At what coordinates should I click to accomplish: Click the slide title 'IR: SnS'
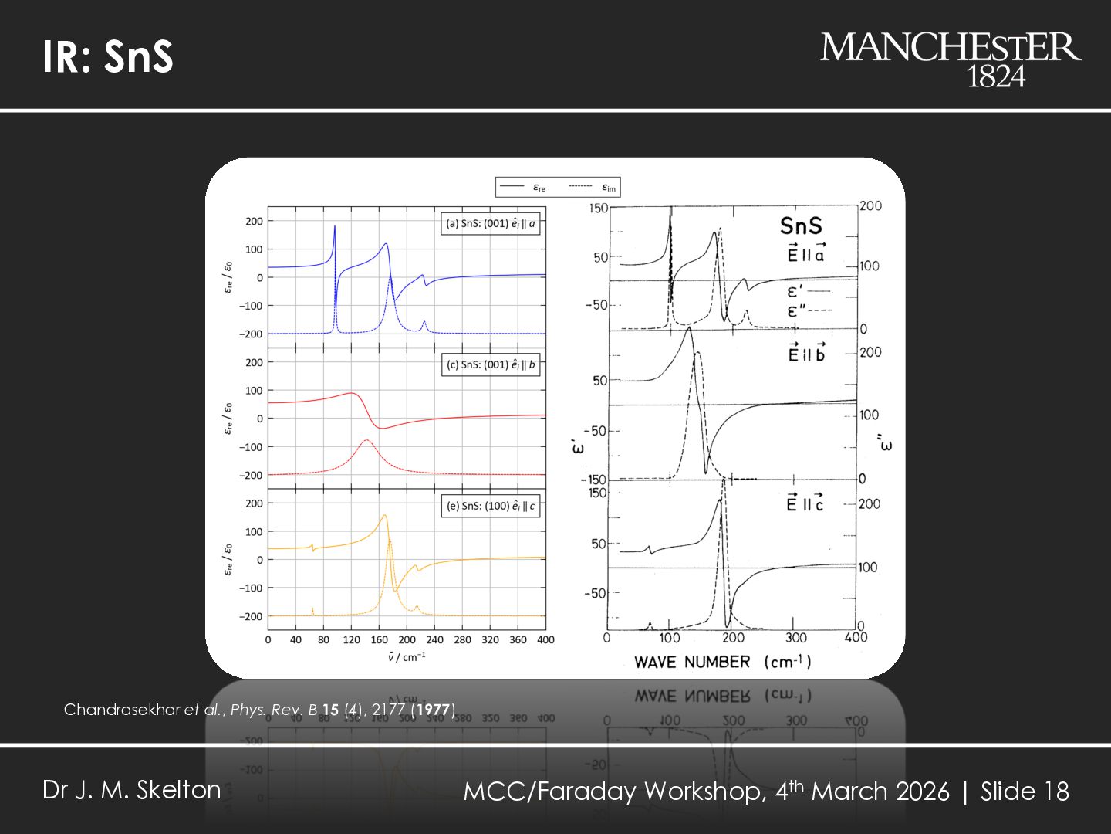pyautogui.click(x=108, y=56)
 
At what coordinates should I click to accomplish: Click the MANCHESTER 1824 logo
pyautogui.click(x=950, y=59)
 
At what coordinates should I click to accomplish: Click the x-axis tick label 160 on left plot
pyautogui.click(x=379, y=640)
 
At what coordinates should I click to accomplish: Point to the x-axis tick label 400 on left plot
pyautogui.click(x=545, y=640)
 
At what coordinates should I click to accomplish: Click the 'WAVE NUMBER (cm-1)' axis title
pyautogui.click(x=722, y=662)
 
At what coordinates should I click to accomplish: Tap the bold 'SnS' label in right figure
pyautogui.click(x=801, y=226)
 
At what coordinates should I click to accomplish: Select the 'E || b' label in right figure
pyautogui.click(x=806, y=354)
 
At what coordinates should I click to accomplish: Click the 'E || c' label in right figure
pyautogui.click(x=805, y=503)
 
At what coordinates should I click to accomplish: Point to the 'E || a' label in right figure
pyautogui.click(x=806, y=253)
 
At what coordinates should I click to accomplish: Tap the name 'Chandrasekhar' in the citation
pyautogui.click(x=122, y=710)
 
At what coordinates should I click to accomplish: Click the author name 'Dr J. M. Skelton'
pyautogui.click(x=132, y=790)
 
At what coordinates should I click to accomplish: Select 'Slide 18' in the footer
pyautogui.click(x=1025, y=792)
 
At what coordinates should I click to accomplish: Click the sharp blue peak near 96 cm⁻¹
pyautogui.click(x=335, y=227)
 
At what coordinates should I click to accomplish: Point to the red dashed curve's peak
pyautogui.click(x=366, y=441)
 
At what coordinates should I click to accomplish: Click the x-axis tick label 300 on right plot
pyautogui.click(x=796, y=638)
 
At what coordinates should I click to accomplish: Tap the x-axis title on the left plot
pyautogui.click(x=407, y=658)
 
